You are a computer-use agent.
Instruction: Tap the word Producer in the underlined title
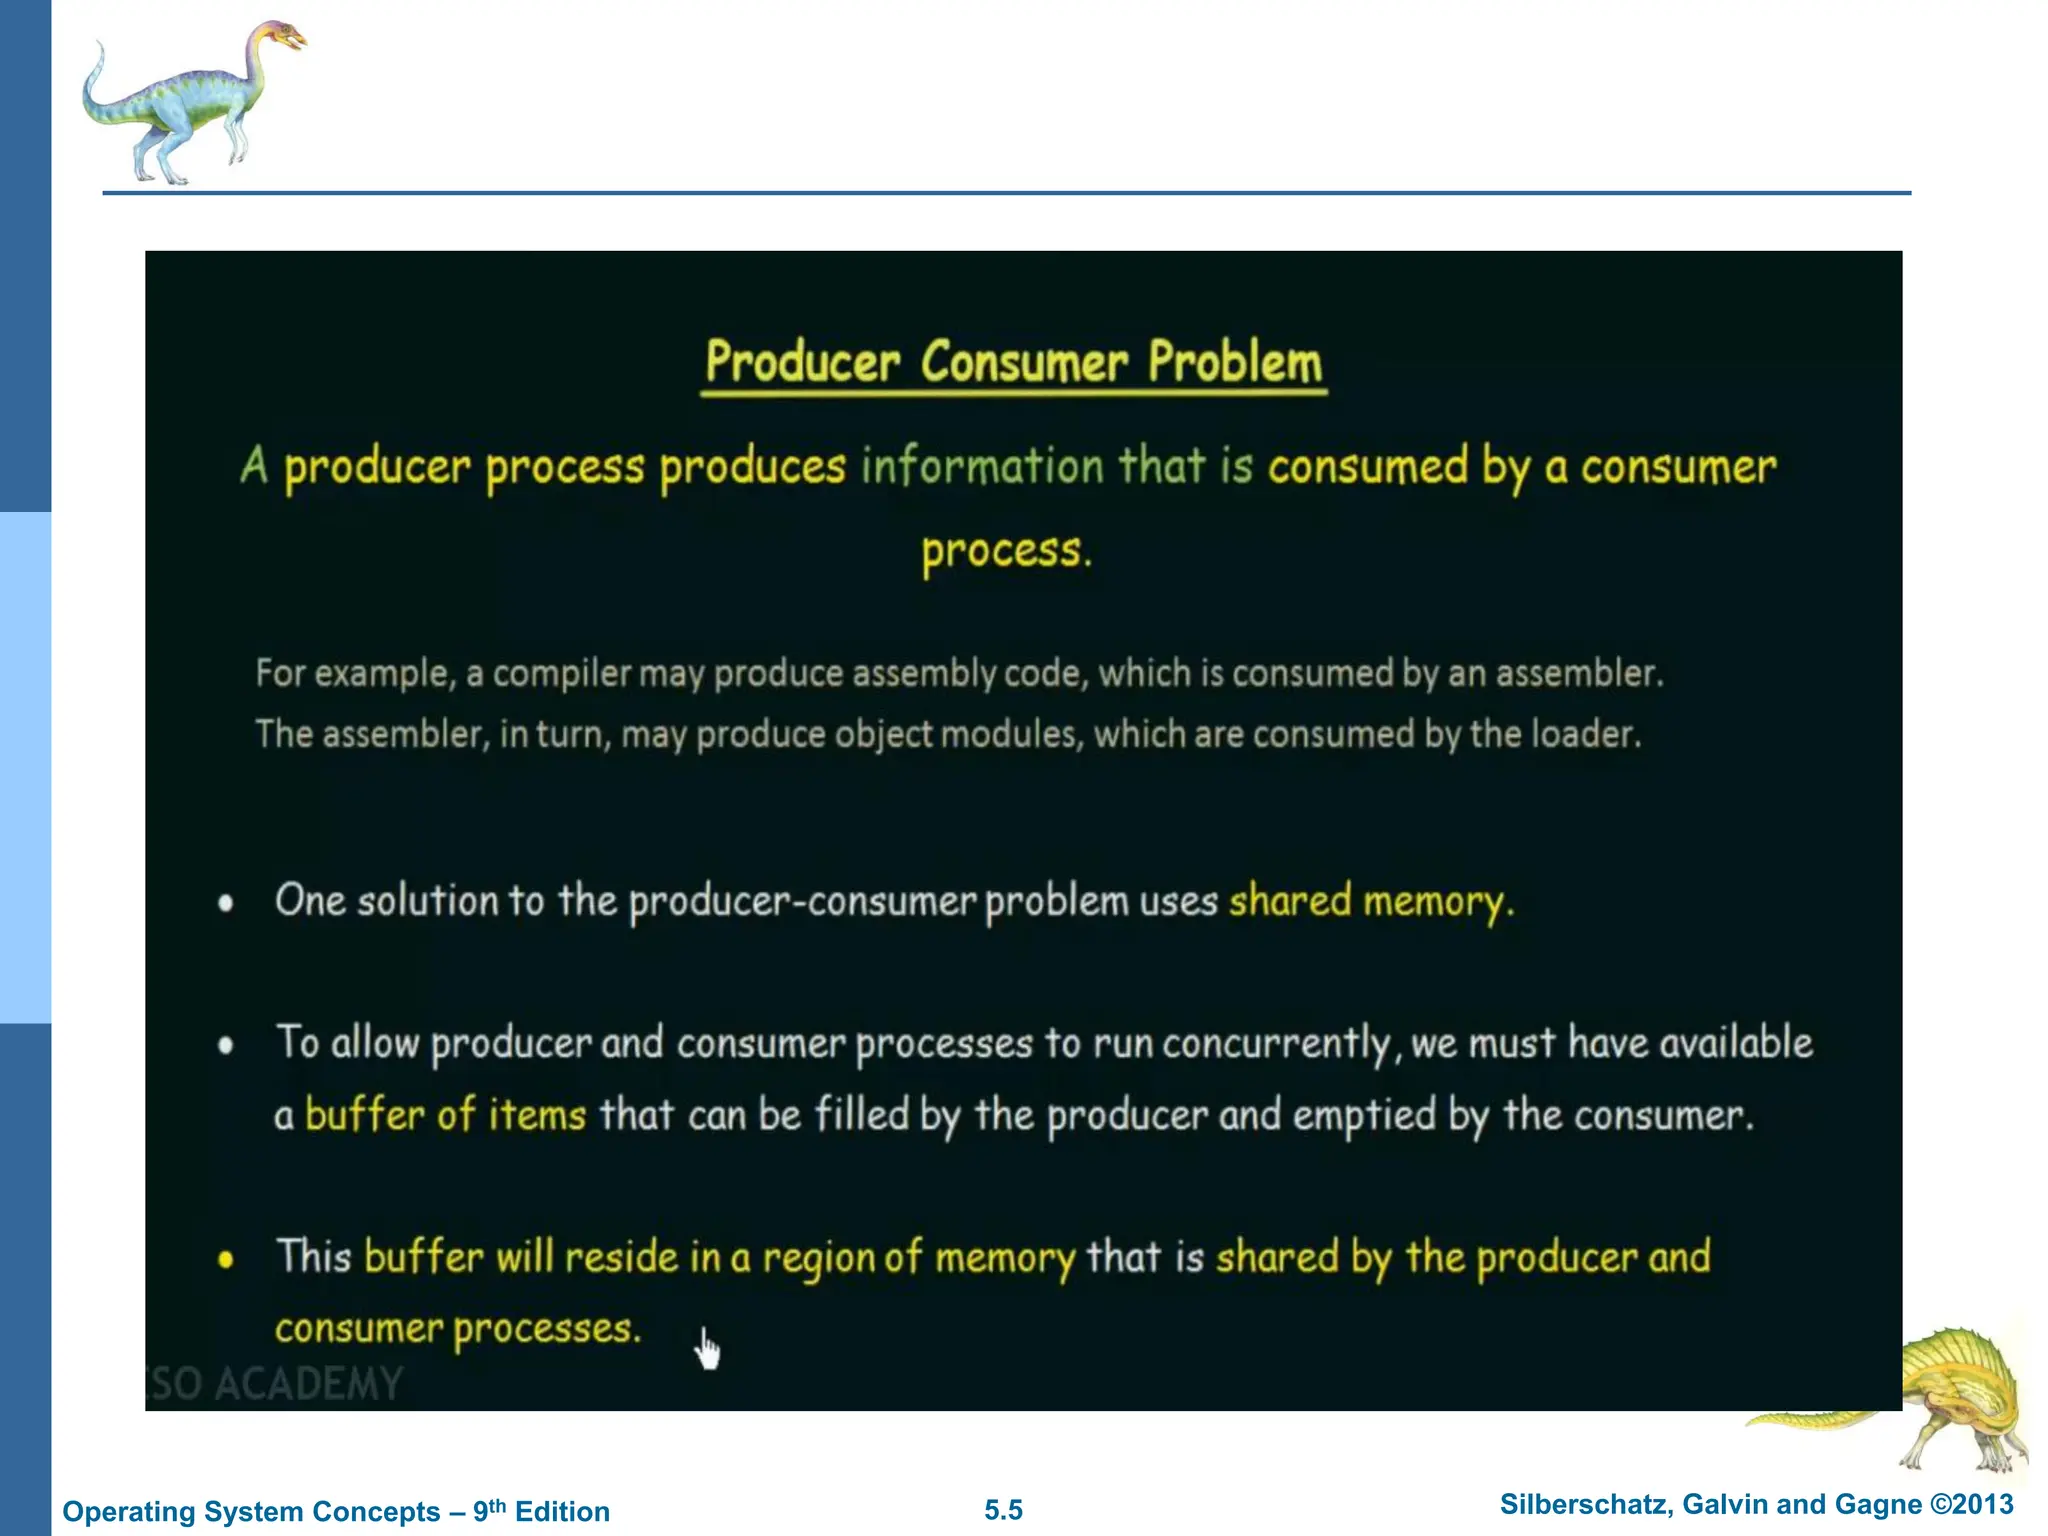pos(803,361)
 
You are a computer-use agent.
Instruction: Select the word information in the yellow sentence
pos(982,466)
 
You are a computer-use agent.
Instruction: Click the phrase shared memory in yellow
pos(1370,901)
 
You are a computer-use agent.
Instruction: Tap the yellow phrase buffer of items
pos(445,1115)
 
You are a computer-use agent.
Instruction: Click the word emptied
pos(1364,1115)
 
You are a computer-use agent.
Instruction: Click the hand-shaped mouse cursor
pos(707,1349)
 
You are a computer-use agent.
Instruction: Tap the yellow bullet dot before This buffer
pos(226,1259)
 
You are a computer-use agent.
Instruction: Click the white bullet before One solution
pos(226,903)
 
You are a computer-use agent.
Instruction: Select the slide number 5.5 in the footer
pos(1003,1510)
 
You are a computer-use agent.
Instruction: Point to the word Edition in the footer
pos(562,1511)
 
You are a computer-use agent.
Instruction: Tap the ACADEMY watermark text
pos(308,1384)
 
